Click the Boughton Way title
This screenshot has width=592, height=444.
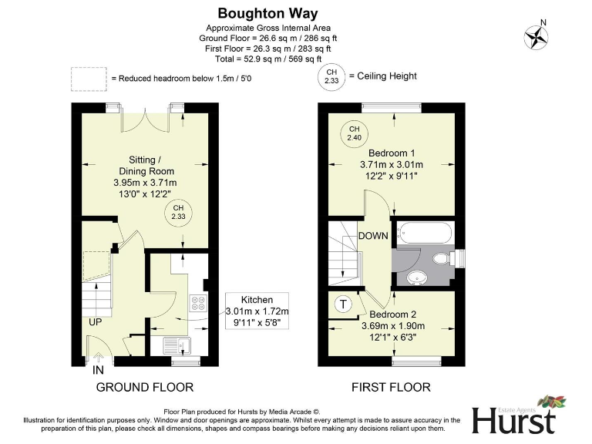click(x=267, y=13)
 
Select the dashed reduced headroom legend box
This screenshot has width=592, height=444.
click(x=88, y=78)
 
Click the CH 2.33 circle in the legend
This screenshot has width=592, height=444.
click(x=331, y=76)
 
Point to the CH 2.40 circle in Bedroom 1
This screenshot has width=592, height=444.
click(x=354, y=133)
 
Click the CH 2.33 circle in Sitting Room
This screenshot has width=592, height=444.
click(x=178, y=213)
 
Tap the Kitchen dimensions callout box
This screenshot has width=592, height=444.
click(x=256, y=311)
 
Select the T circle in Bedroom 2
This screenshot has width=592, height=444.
click(x=341, y=304)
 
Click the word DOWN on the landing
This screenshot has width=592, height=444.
click(x=372, y=237)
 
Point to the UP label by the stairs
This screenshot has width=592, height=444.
click(x=96, y=321)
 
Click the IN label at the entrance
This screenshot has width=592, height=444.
click(x=99, y=371)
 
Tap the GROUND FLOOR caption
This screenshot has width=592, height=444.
click(x=144, y=387)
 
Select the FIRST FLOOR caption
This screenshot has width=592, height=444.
click(x=392, y=387)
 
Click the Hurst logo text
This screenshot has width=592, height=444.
click(x=513, y=422)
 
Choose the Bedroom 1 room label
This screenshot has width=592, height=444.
click(x=392, y=152)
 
